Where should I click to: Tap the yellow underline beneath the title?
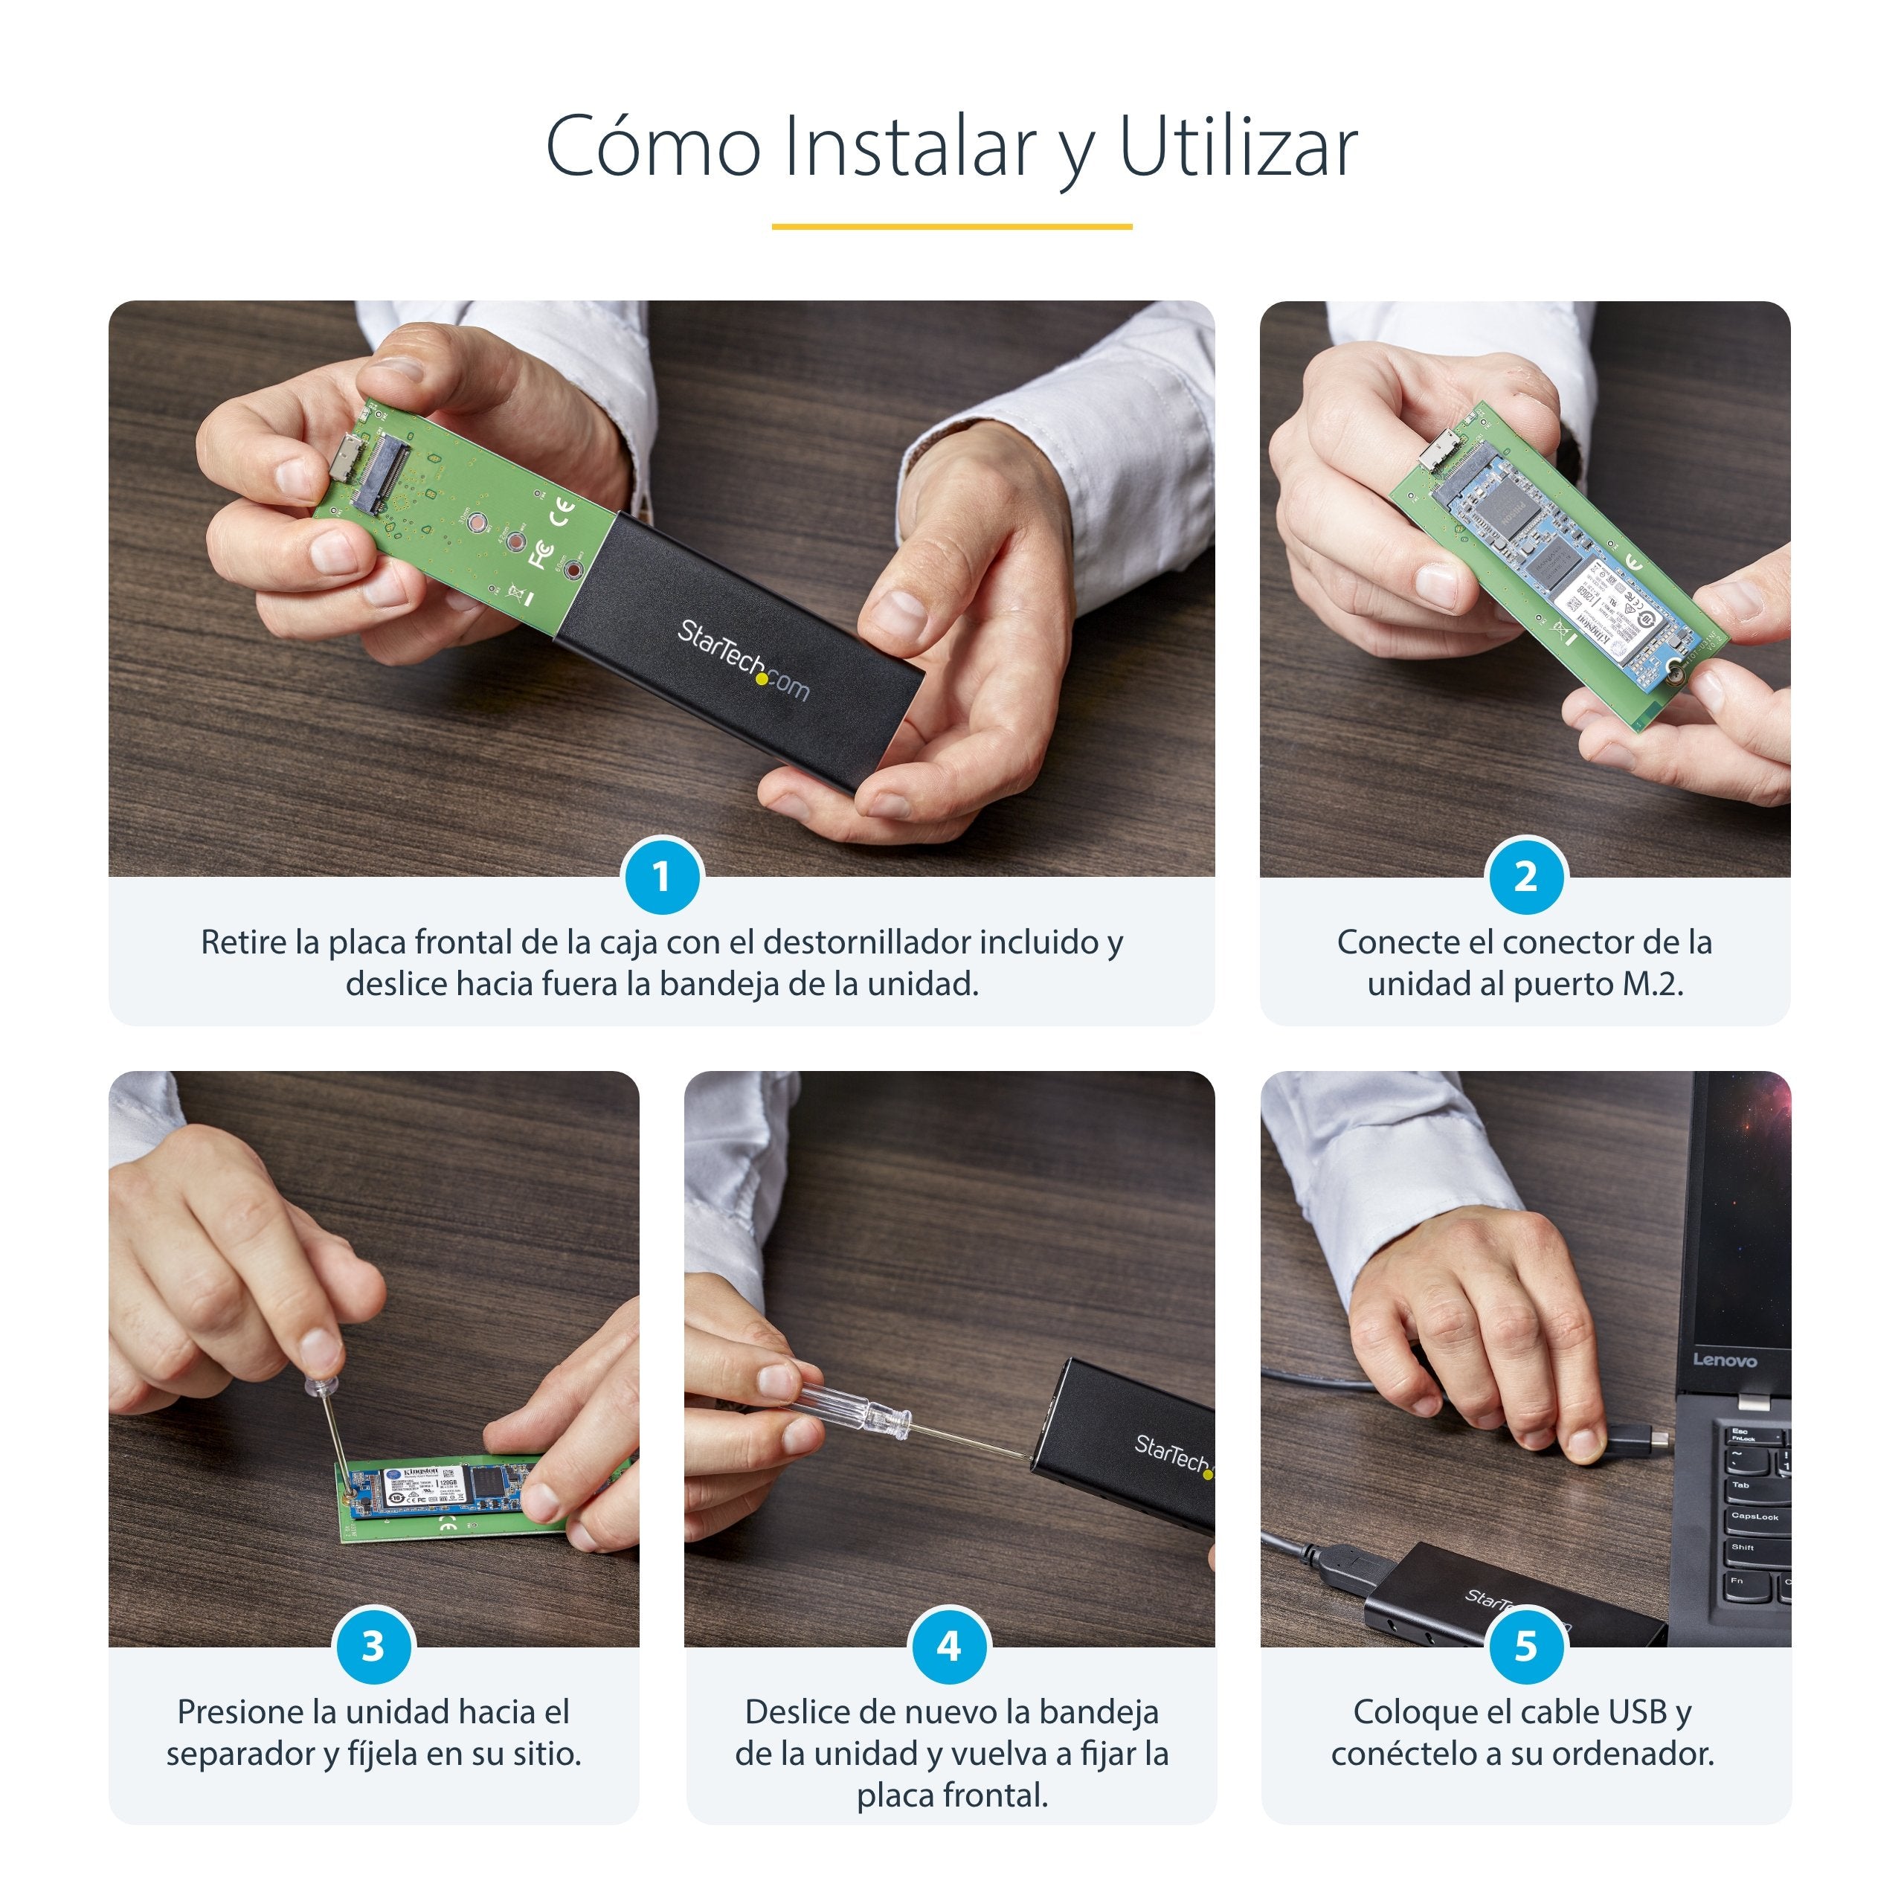[951, 227]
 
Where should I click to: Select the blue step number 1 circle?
[661, 876]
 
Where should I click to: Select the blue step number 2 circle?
[1525, 876]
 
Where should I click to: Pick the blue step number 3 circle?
[373, 1646]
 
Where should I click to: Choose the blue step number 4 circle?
[949, 1646]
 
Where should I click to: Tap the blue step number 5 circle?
[1525, 1646]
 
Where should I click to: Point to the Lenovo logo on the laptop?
[1725, 1361]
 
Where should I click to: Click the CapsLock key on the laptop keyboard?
[1755, 1517]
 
